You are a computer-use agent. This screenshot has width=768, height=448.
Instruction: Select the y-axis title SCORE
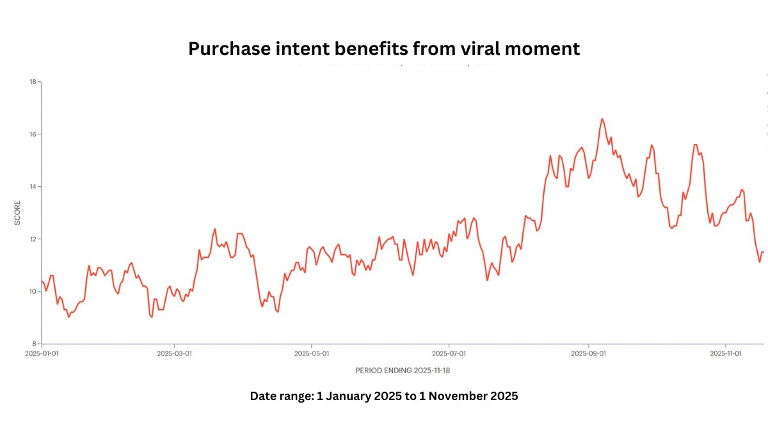pos(17,212)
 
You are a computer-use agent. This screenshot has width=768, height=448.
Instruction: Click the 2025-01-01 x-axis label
pos(42,353)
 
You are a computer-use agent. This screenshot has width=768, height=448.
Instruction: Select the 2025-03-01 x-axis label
pos(174,353)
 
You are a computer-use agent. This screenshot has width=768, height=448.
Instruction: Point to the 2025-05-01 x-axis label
pos(312,353)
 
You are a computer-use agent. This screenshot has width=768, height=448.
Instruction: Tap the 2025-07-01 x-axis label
pos(449,353)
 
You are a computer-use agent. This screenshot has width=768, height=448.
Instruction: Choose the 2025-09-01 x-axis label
pos(588,353)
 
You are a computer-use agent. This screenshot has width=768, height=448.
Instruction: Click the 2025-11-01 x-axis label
pos(726,353)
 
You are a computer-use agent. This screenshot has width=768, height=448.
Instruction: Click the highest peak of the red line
pos(602,119)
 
